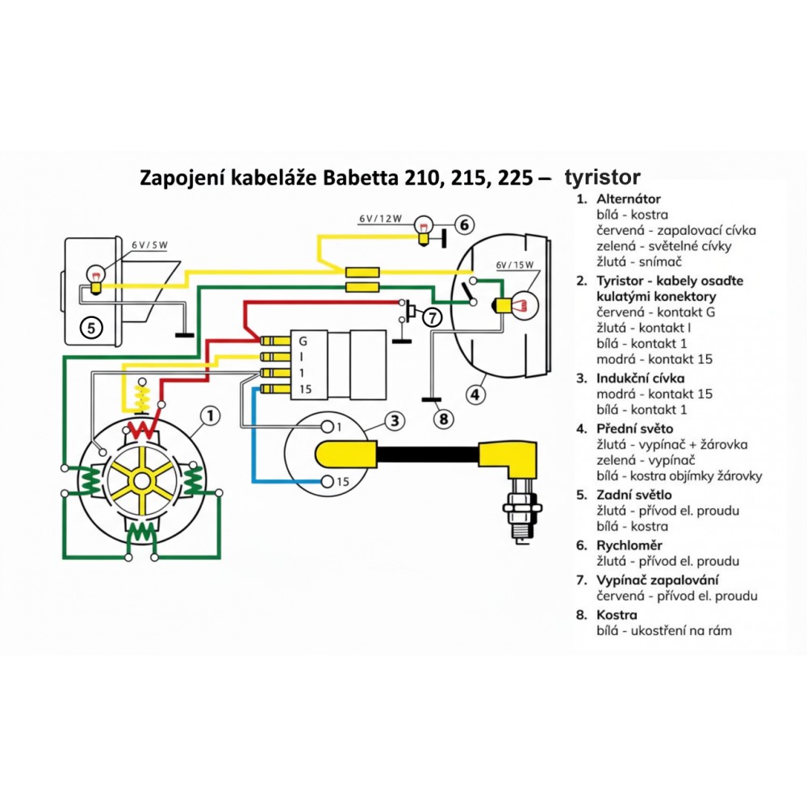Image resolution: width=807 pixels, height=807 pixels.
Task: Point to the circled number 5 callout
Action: [x=91, y=327]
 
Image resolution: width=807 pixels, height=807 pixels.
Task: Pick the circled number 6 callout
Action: [x=466, y=224]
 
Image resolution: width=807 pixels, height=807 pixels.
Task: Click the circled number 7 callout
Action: [x=433, y=317]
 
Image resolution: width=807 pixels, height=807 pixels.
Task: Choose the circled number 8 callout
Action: [x=442, y=419]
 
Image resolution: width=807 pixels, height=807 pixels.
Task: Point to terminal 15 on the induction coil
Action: [x=328, y=482]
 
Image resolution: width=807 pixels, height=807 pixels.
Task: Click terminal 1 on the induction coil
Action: [x=328, y=427]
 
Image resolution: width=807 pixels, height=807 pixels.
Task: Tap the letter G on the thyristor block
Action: [x=302, y=341]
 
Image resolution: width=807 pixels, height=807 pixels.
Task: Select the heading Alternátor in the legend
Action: [x=629, y=199]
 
